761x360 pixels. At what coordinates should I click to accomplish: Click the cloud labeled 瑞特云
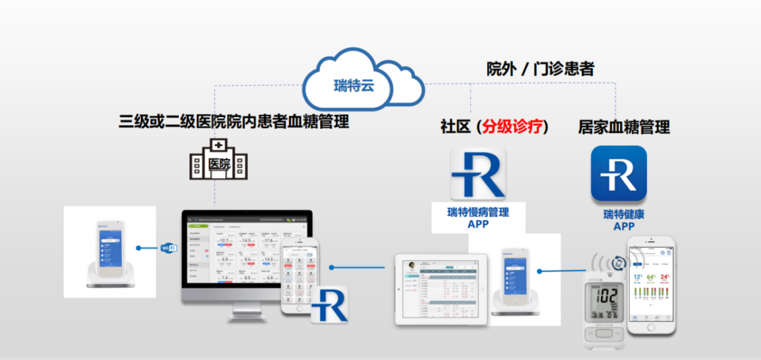[364, 82]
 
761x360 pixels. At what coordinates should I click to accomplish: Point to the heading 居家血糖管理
[624, 127]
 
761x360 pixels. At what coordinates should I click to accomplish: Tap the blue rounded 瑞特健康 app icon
[619, 173]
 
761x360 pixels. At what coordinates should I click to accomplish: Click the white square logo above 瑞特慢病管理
[478, 173]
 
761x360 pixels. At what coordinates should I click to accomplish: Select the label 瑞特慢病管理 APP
[478, 218]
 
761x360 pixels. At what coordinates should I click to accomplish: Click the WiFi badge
[169, 247]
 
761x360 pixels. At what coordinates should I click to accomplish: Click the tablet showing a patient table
[441, 290]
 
